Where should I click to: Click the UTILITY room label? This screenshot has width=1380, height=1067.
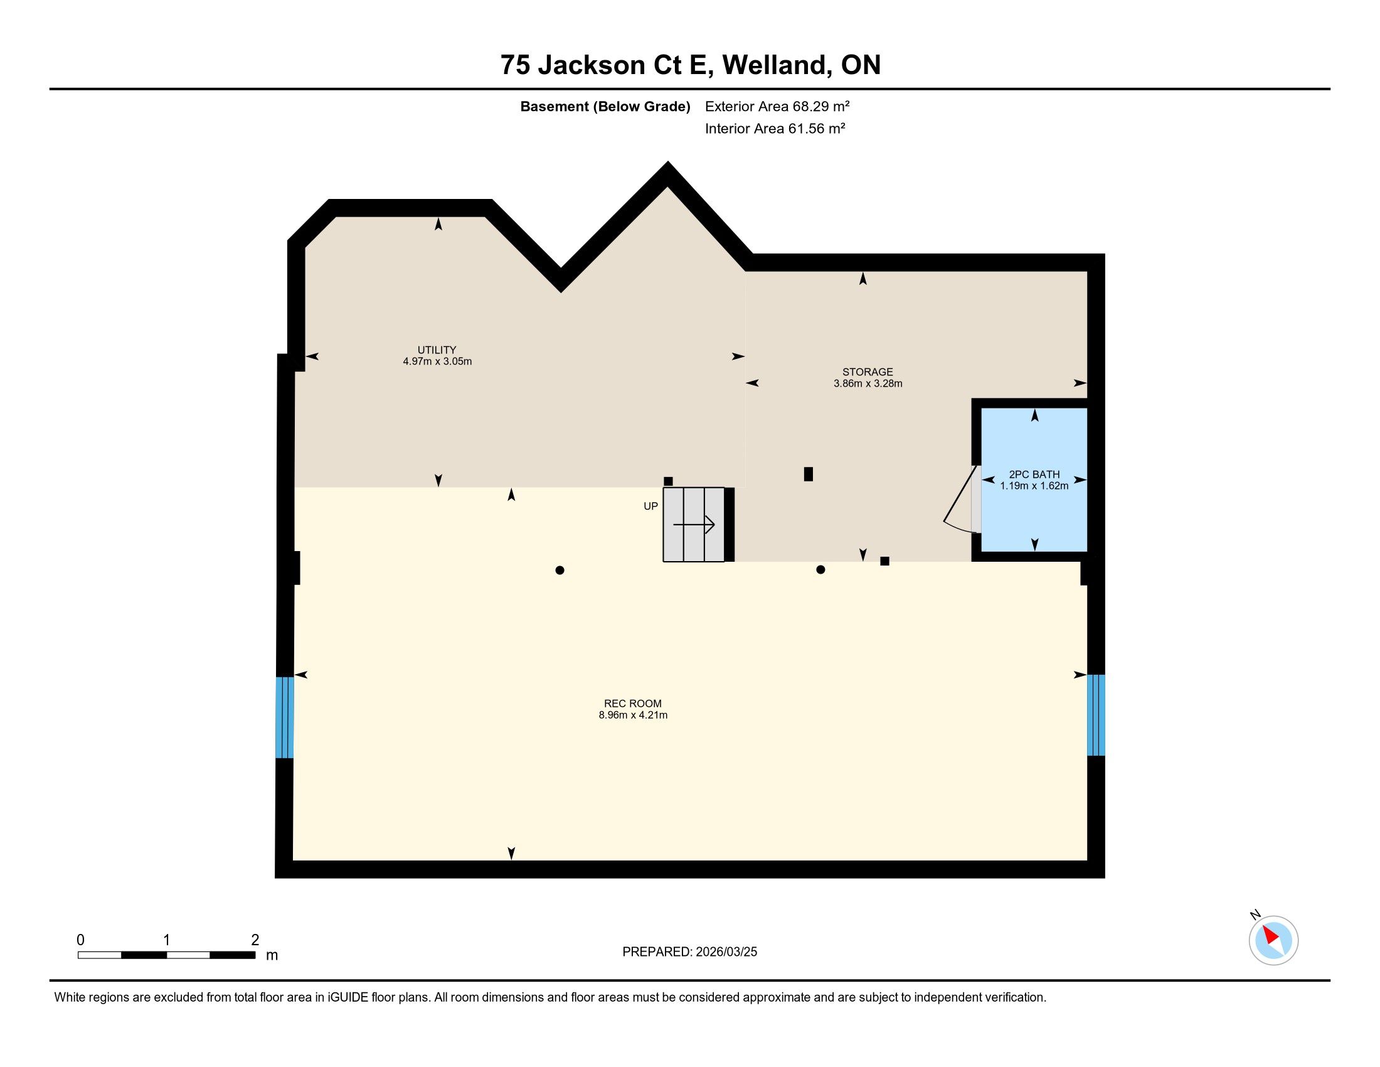click(437, 350)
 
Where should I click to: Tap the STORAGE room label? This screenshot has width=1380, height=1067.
click(868, 372)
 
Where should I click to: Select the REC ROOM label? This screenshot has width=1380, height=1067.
click(632, 704)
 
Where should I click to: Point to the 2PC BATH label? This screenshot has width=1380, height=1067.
click(1034, 474)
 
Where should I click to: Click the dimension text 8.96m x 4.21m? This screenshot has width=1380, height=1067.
click(633, 715)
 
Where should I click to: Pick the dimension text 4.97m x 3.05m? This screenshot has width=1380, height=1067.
click(437, 362)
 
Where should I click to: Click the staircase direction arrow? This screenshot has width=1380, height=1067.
click(694, 525)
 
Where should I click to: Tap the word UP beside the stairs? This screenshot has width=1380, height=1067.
click(651, 506)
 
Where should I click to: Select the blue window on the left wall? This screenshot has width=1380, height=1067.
click(285, 717)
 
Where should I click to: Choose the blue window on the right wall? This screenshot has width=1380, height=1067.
click(1096, 715)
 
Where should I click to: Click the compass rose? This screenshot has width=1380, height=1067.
click(1273, 941)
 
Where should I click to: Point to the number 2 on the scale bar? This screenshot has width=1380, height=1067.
click(255, 940)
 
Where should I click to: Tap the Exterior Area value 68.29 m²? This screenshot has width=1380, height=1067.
click(821, 106)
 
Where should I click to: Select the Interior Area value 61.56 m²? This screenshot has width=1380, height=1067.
click(816, 128)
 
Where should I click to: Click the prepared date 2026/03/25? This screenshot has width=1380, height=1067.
click(725, 952)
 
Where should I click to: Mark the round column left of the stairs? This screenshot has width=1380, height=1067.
click(559, 570)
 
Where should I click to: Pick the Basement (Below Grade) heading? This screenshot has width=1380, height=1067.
click(605, 107)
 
